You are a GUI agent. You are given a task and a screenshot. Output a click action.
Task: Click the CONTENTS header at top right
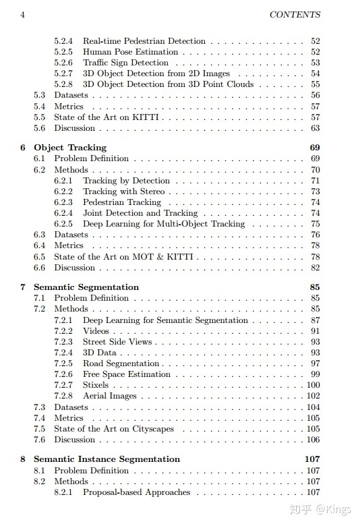coord(295,14)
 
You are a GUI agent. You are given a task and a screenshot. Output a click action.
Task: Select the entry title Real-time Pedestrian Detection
coord(144,41)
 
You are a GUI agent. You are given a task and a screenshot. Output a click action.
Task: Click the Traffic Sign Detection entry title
coord(125,63)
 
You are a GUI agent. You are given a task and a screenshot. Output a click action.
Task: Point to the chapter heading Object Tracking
coord(70,148)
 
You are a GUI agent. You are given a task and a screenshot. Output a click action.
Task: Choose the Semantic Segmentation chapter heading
coord(86,287)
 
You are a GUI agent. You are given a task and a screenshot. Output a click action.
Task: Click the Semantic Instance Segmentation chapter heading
coord(107,459)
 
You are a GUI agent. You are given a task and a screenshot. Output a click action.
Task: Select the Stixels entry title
coord(96,385)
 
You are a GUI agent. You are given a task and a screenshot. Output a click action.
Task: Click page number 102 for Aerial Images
coord(313,396)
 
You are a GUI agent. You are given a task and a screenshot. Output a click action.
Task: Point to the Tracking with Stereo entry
coord(123,192)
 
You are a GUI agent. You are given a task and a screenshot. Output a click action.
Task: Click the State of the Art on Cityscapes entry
coord(114,429)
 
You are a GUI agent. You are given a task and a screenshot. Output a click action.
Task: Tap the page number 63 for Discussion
coord(316,128)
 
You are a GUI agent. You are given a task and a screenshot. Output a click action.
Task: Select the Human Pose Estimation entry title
coord(131,52)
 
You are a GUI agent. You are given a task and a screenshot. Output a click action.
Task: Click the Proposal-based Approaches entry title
coord(137,492)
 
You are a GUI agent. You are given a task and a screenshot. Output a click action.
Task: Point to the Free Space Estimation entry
coord(127,374)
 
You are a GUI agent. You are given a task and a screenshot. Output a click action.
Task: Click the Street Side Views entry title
coord(117,342)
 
